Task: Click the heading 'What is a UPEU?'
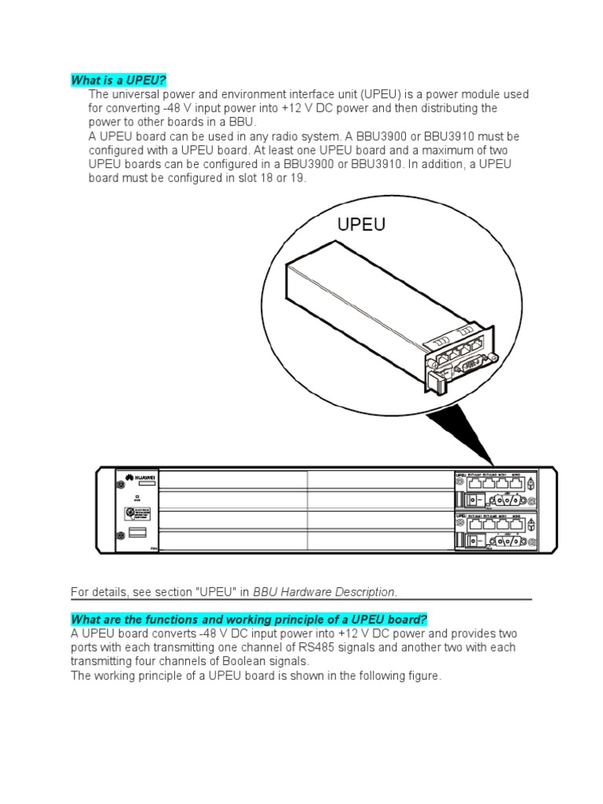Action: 119,80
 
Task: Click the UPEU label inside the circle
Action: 361,225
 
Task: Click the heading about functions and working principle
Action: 249,618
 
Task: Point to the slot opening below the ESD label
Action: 137,535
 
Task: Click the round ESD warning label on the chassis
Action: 138,513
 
